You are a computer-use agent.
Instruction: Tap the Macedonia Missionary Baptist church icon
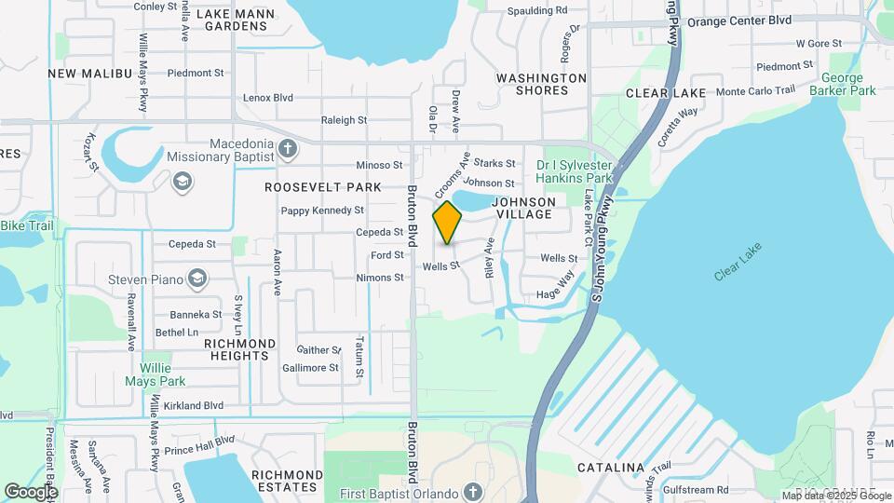point(288,148)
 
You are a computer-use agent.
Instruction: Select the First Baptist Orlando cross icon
point(473,492)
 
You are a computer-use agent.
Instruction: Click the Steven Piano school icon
point(196,278)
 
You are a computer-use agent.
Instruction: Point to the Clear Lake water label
point(738,264)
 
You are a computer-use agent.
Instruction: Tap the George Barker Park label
point(848,85)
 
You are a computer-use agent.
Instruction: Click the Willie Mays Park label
point(156,374)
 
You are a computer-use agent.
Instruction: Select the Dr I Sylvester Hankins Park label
point(575,171)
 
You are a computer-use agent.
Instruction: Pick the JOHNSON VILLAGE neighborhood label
point(523,208)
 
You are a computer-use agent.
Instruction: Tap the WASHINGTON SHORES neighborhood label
point(541,84)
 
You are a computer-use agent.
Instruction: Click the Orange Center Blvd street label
point(739,20)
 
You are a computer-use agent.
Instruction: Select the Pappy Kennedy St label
point(322,211)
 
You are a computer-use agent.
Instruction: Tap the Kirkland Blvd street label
point(194,406)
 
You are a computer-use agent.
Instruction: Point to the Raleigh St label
point(344,120)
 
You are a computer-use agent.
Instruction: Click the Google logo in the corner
point(31,492)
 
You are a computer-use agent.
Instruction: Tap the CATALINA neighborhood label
point(611,467)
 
